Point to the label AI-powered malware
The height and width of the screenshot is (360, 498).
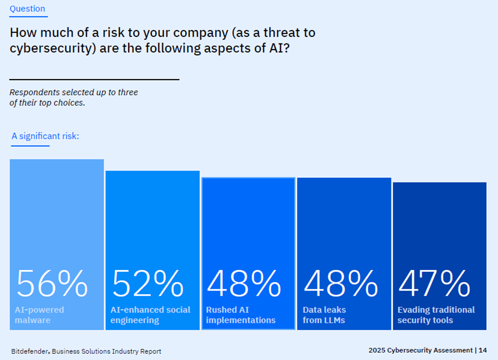click(40, 315)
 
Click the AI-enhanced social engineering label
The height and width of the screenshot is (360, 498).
click(150, 315)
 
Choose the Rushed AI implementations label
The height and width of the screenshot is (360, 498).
click(241, 315)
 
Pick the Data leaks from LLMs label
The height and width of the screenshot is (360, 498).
click(324, 315)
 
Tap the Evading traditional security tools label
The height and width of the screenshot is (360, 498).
click(436, 315)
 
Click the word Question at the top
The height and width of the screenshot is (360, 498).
click(28, 9)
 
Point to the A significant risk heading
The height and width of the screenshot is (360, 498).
click(45, 136)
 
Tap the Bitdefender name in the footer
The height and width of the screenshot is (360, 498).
click(30, 351)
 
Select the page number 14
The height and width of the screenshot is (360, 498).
click(483, 350)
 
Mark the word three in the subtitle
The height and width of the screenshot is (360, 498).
click(128, 92)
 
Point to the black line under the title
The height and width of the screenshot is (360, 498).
click(94, 80)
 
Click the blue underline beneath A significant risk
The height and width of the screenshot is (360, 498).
click(31, 146)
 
